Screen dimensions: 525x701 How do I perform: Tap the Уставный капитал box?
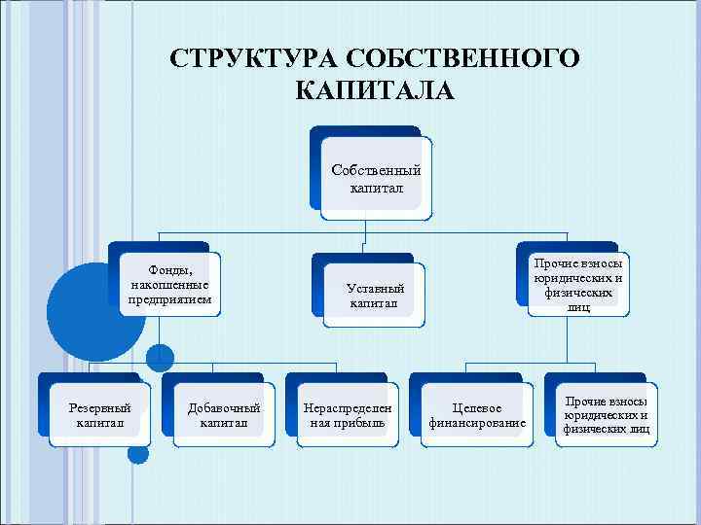pyautogui.click(x=376, y=295)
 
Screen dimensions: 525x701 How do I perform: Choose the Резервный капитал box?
pyautogui.click(x=101, y=415)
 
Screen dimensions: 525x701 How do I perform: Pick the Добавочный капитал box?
pyautogui.click(x=224, y=415)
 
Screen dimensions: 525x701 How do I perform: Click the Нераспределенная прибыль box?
pyautogui.click(x=348, y=415)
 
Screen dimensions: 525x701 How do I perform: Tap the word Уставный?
pyautogui.click(x=376, y=288)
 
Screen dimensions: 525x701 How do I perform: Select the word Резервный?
pyautogui.click(x=101, y=407)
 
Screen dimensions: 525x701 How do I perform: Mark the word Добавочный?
pyautogui.click(x=224, y=407)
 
